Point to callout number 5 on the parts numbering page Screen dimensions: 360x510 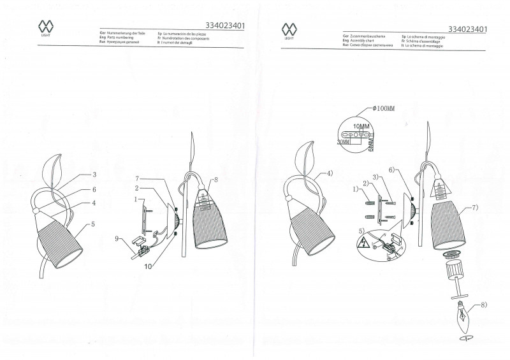(x=93, y=224)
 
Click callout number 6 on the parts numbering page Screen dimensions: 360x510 (x=93, y=190)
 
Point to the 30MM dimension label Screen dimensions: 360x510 (x=344, y=143)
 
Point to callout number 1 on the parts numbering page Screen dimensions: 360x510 (x=135, y=199)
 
